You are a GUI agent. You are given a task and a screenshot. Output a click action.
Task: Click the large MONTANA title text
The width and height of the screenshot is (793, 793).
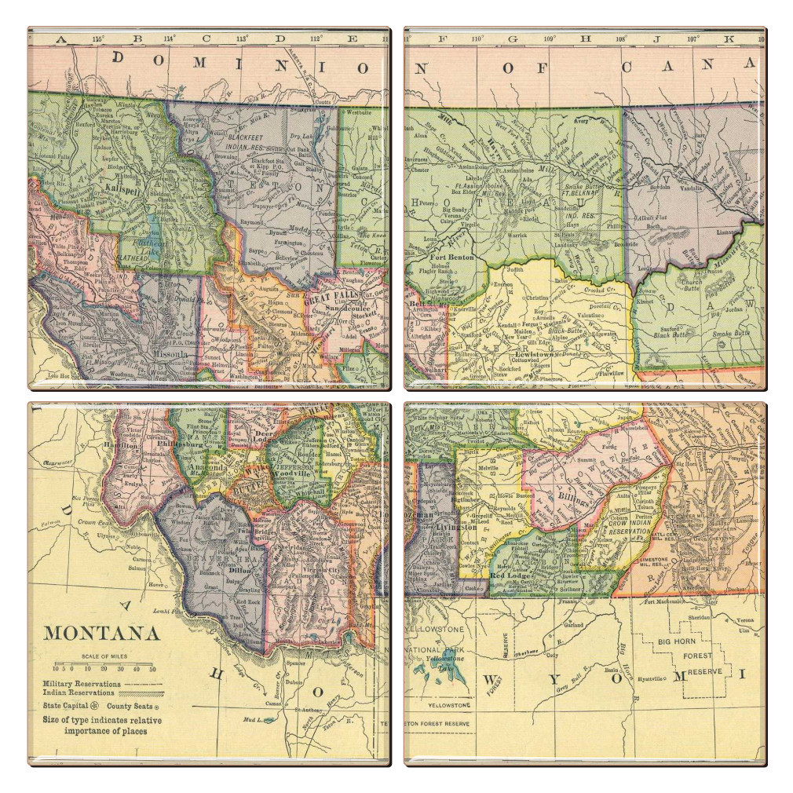tap(101, 634)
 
